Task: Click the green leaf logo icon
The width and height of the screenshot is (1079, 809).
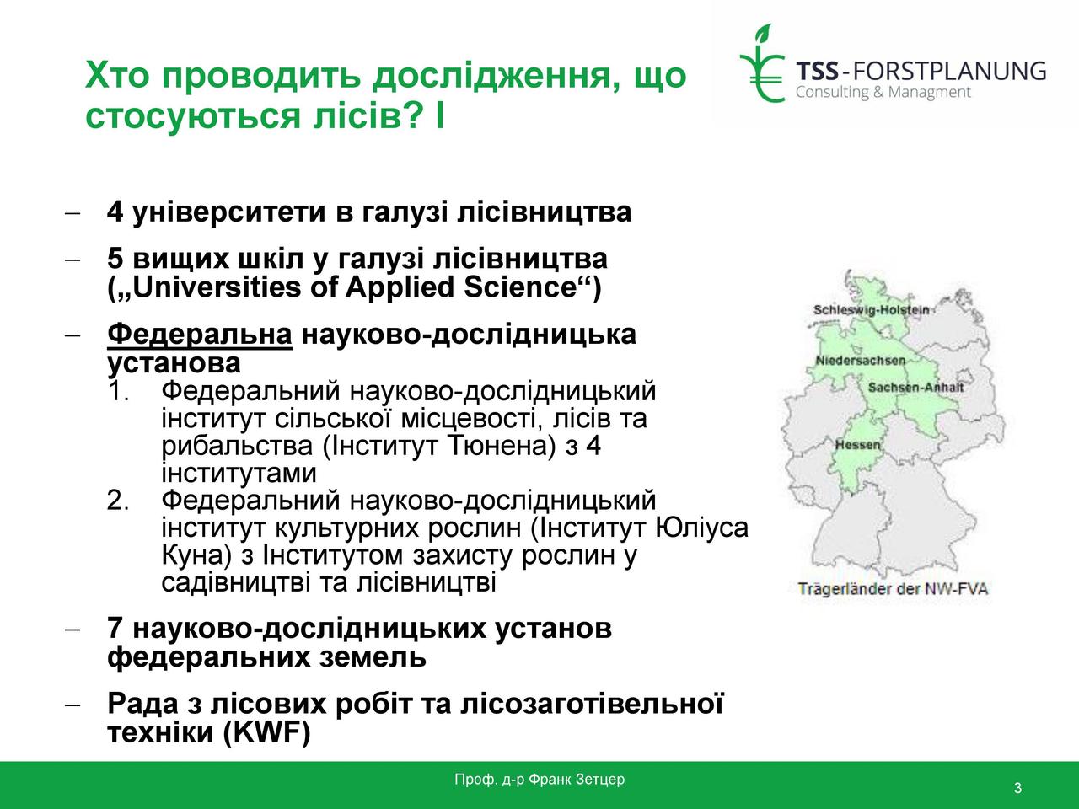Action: click(762, 63)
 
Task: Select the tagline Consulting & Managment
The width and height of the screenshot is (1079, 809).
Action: click(883, 93)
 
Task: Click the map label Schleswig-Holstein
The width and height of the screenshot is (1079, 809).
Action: click(871, 310)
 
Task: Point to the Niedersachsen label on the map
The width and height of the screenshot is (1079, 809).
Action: click(861, 361)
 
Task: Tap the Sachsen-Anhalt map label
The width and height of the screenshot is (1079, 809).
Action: click(915, 388)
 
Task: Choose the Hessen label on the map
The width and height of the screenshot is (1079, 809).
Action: click(858, 445)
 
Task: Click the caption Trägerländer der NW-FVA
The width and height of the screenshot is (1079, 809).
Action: click(893, 589)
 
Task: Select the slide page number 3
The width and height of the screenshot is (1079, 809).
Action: click(1017, 788)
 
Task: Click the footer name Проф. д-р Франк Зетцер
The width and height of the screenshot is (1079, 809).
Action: click(539, 779)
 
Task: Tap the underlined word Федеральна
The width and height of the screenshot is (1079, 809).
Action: click(200, 335)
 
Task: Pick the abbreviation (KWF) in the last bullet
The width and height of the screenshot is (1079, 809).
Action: click(267, 732)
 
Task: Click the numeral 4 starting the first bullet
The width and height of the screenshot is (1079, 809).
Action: click(115, 212)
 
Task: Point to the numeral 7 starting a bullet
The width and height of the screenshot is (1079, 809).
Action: click(115, 629)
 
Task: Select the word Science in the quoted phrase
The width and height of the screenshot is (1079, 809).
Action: click(519, 287)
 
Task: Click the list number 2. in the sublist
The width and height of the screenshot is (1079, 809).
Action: click(118, 501)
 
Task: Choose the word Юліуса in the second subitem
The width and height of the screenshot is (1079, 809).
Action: click(702, 528)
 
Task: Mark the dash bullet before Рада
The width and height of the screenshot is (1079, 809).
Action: click(72, 705)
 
